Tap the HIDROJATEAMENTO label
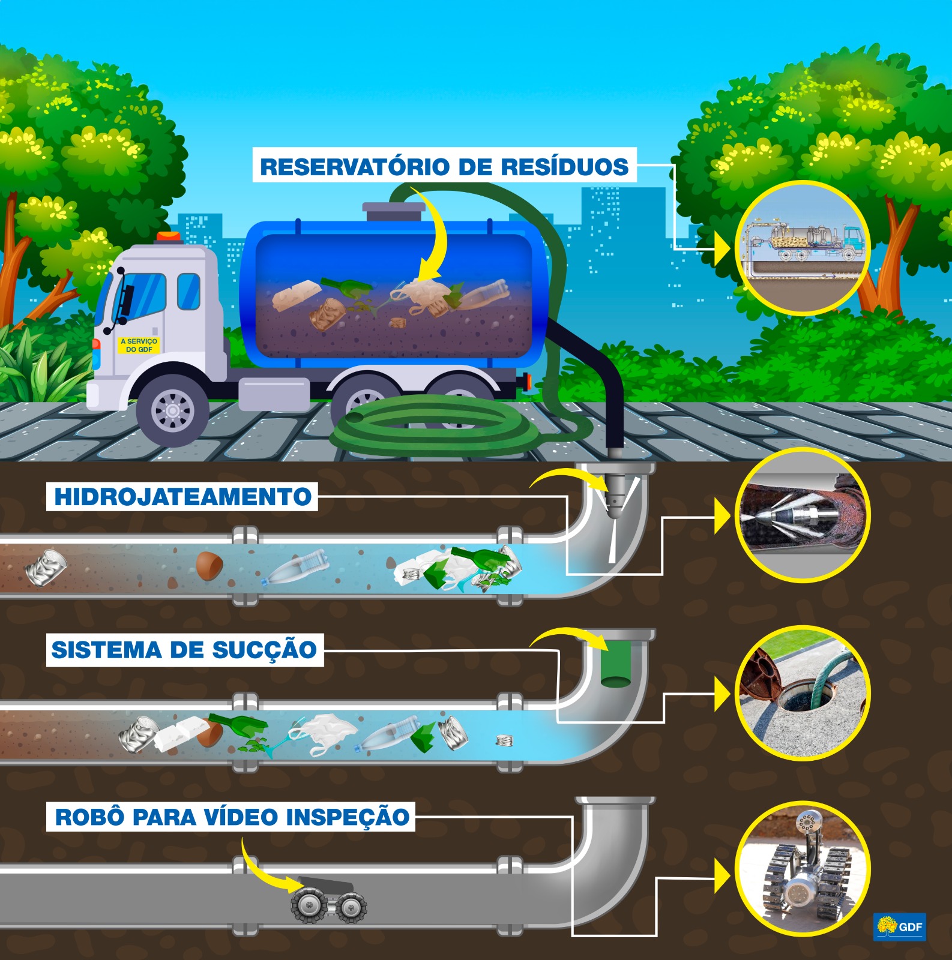(182, 497)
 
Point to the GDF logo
(900, 926)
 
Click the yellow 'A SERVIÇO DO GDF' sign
(139, 345)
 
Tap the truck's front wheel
(173, 410)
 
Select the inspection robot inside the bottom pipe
(328, 900)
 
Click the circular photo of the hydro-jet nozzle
(803, 515)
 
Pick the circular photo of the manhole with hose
(803, 693)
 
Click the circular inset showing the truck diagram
(803, 248)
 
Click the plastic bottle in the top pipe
(297, 568)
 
